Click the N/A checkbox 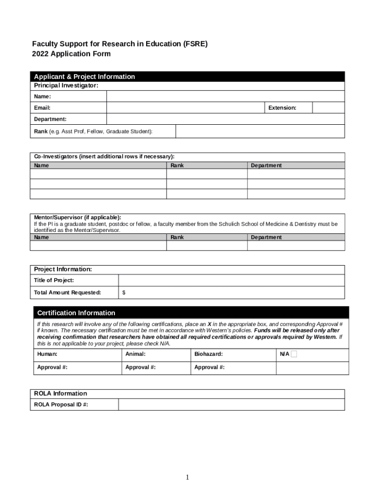coord(294,354)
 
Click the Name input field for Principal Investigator coord(225,96)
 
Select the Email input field coord(185,108)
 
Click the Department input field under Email coord(225,119)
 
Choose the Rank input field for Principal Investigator coord(260,132)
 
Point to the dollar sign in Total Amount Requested coord(124,292)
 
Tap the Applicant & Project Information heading coord(84,77)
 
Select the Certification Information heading coord(76,313)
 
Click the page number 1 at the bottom coord(187,477)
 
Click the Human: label coord(47,354)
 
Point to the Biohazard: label coord(208,354)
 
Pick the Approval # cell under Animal coord(156,367)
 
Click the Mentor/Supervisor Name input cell coord(98,246)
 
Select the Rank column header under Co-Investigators coord(177,166)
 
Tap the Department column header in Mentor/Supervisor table coord(266,237)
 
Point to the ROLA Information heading coord(60,393)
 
